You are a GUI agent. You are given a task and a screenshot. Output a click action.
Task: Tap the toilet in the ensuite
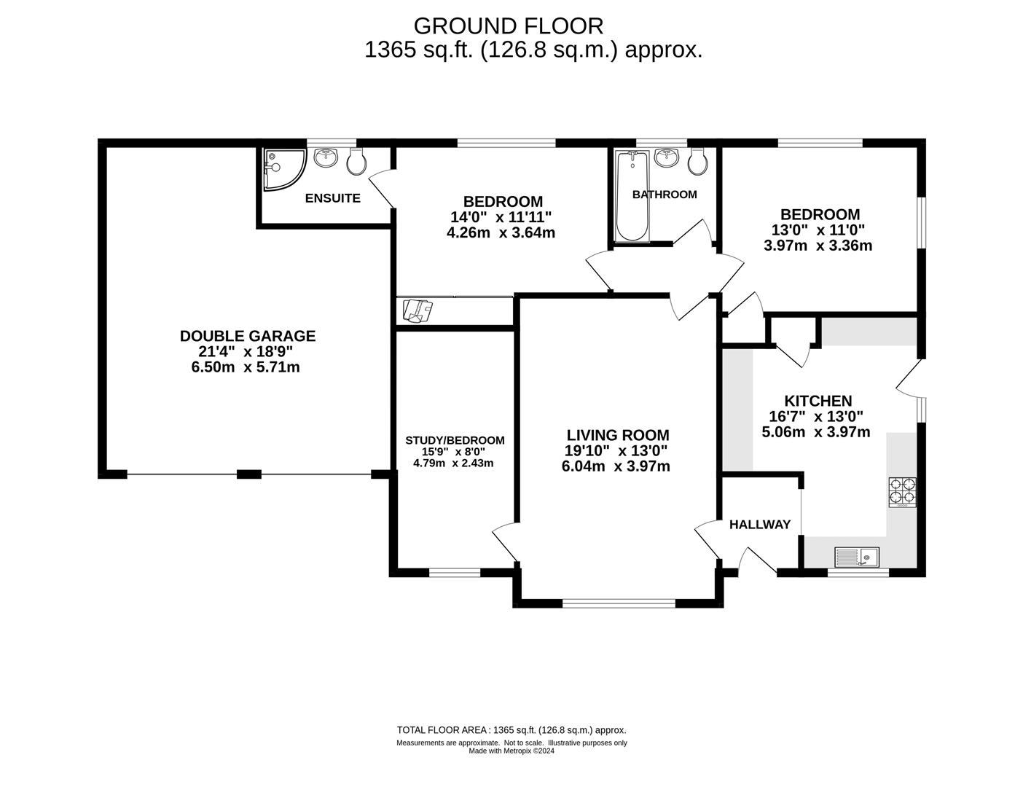tap(356, 162)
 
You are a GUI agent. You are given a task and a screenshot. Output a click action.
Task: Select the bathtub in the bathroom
tap(632, 196)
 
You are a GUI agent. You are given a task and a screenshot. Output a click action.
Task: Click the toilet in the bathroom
tap(697, 162)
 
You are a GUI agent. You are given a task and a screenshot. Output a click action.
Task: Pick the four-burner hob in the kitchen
tap(903, 492)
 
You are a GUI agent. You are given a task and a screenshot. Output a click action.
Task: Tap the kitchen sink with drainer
tap(857, 557)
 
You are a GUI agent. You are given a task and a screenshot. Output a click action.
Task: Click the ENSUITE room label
tap(332, 198)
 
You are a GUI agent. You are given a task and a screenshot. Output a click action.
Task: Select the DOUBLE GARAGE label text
tap(248, 336)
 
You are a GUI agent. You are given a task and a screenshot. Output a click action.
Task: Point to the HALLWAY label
tap(760, 525)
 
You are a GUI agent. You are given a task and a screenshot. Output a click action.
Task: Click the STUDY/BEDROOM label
tap(455, 440)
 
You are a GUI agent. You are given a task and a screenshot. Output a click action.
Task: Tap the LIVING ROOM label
tap(618, 435)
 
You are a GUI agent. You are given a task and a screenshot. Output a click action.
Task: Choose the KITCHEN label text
tap(818, 401)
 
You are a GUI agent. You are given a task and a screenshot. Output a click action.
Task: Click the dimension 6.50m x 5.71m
tap(246, 367)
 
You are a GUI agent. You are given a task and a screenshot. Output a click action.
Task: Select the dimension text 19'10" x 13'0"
tap(616, 450)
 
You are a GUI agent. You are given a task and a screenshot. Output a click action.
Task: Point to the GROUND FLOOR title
tap(509, 26)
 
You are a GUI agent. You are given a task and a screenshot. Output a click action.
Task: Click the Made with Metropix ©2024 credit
tap(511, 751)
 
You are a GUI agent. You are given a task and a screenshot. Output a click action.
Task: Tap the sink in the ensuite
tap(325, 158)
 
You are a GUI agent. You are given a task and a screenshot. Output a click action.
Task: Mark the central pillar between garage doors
tap(248, 474)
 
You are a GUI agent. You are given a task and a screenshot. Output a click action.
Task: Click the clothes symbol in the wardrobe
tap(418, 311)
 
